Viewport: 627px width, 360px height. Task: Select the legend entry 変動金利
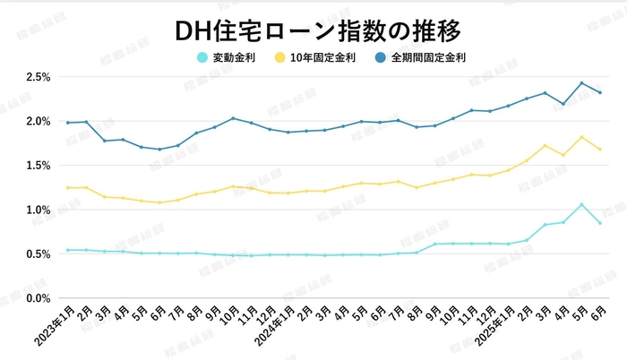pyautogui.click(x=229, y=58)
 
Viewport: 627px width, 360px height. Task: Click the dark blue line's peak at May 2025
pyautogui.click(x=581, y=83)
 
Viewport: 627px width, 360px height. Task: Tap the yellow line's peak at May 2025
pyautogui.click(x=581, y=137)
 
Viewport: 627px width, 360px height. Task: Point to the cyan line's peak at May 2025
pyautogui.click(x=581, y=205)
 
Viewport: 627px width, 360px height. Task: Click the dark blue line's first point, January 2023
pyautogui.click(x=67, y=123)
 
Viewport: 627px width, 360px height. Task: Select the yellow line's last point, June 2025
pyautogui.click(x=600, y=150)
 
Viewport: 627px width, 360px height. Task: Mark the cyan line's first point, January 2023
pyautogui.click(x=67, y=250)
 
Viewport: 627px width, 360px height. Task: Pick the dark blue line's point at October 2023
pyautogui.click(x=233, y=118)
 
